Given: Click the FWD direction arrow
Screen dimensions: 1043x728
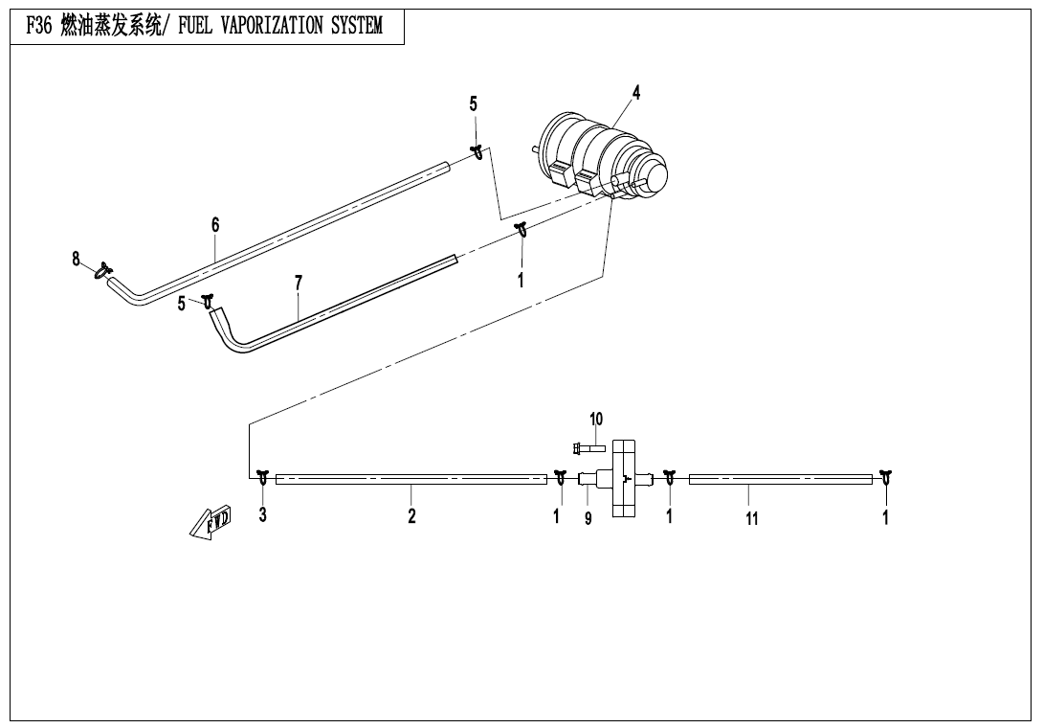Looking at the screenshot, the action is (x=211, y=521).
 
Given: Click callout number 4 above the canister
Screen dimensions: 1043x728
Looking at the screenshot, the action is (x=636, y=93).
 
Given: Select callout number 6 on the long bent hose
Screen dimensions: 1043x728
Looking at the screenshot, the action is (x=215, y=225).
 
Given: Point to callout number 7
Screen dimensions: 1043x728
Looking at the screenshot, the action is (x=299, y=284).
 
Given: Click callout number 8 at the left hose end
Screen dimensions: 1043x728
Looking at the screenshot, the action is (x=76, y=259).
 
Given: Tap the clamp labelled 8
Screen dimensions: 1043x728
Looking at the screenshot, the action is (x=103, y=270).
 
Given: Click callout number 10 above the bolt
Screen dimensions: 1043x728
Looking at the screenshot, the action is (x=596, y=419).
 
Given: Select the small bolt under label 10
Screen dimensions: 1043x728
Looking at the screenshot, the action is (x=588, y=449).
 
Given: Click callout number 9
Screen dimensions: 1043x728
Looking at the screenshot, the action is (x=588, y=518).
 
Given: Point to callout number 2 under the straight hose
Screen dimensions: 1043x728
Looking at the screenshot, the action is (x=411, y=515).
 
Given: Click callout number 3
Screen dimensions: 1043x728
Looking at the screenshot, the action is (x=263, y=514).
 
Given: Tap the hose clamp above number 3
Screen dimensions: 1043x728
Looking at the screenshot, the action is (x=263, y=478).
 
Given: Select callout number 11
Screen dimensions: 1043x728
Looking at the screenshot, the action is (x=752, y=518).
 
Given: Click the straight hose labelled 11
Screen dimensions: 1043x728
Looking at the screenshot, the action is (x=780, y=479).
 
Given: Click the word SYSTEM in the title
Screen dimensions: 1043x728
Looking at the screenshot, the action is (x=357, y=25).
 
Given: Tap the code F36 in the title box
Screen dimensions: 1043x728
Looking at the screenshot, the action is (x=38, y=25).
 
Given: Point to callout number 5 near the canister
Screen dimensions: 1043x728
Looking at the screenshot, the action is (x=474, y=103).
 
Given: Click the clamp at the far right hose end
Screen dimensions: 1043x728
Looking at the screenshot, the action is (x=885, y=478).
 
